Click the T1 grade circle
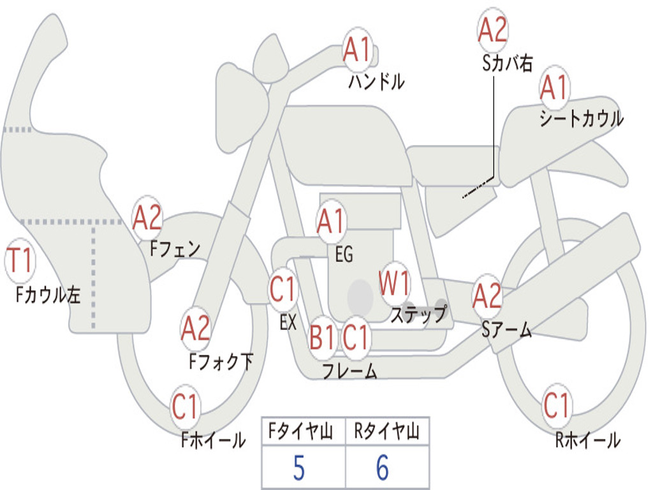tap(20, 261)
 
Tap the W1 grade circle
tap(394, 284)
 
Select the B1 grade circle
tap(322, 337)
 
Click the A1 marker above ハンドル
tap(357, 50)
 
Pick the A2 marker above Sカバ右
tap(493, 30)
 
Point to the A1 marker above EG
tap(332, 221)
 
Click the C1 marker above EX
tap(283, 289)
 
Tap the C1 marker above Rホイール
tap(557, 405)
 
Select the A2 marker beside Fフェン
tap(147, 218)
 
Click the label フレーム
tap(350, 371)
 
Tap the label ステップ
tap(418, 314)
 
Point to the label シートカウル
tap(582, 118)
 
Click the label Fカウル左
tap(48, 295)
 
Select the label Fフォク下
tap(221, 362)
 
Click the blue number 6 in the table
tap(383, 468)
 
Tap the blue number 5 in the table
tap(298, 468)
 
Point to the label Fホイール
tap(213, 440)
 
